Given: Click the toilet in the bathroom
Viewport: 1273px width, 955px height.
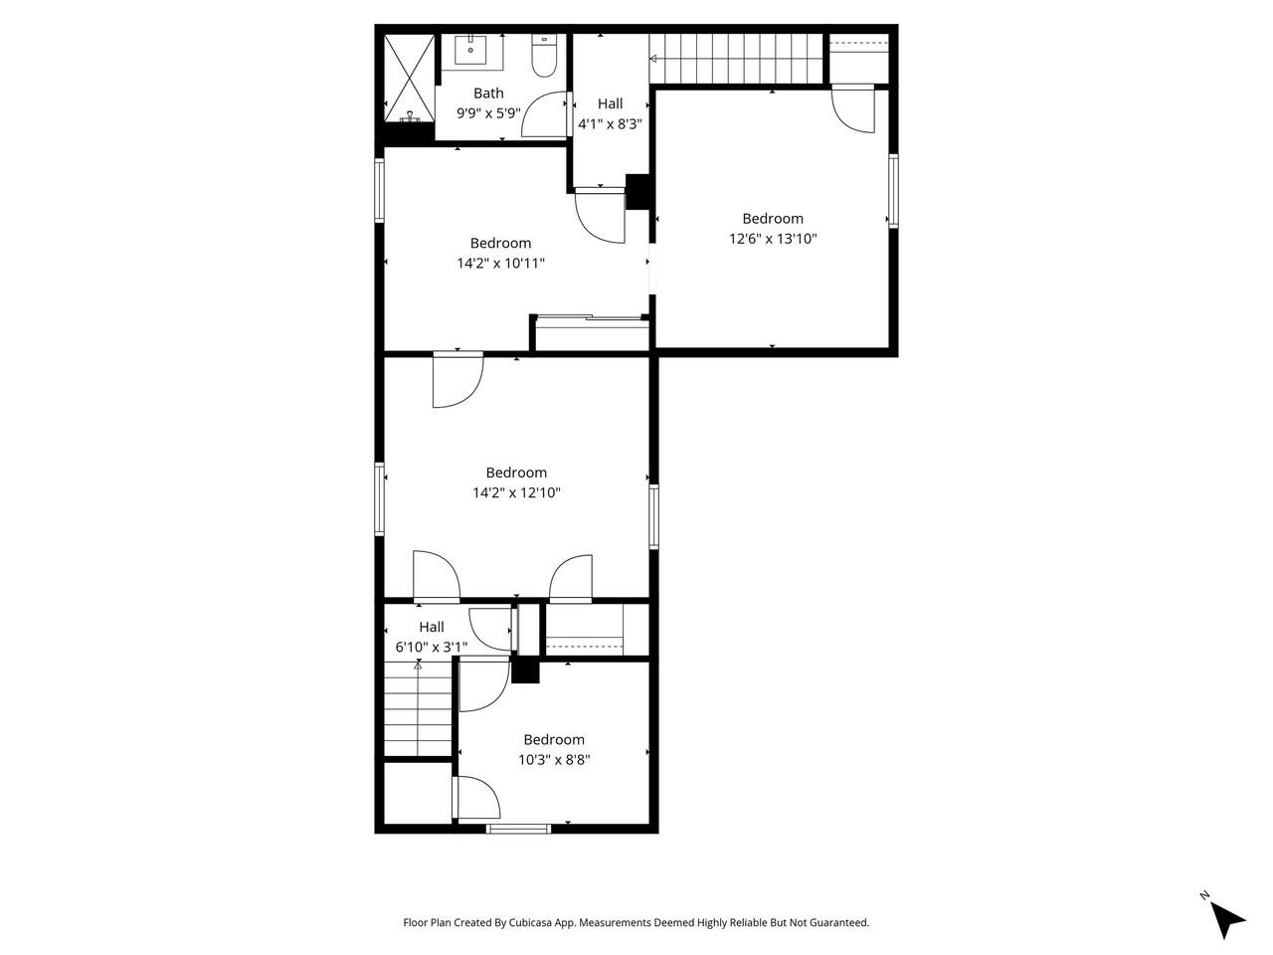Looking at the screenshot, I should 544,58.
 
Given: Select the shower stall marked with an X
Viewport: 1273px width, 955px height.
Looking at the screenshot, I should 409,77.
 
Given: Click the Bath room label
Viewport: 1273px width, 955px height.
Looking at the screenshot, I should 488,94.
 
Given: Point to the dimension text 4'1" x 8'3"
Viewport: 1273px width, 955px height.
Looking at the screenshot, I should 611,124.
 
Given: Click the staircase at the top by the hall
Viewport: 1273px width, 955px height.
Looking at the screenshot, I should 737,59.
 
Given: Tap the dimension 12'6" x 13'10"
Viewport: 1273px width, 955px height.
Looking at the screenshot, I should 773,239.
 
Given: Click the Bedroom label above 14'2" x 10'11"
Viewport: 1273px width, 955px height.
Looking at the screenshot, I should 500,243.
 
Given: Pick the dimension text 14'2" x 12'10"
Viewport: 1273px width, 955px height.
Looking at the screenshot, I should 516,492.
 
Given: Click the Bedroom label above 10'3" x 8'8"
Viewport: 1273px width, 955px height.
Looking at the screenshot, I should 554,739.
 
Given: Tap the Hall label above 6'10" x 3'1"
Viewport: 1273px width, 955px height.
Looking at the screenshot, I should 432,627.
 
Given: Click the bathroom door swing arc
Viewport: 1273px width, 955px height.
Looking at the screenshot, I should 542,113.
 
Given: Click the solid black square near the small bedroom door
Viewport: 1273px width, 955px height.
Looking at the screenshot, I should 525,670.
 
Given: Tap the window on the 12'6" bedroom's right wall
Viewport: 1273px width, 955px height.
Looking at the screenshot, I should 893,190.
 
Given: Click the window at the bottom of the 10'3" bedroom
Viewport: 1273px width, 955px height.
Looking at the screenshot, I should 518,828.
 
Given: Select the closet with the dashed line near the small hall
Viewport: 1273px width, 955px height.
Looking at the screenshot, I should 585,631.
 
